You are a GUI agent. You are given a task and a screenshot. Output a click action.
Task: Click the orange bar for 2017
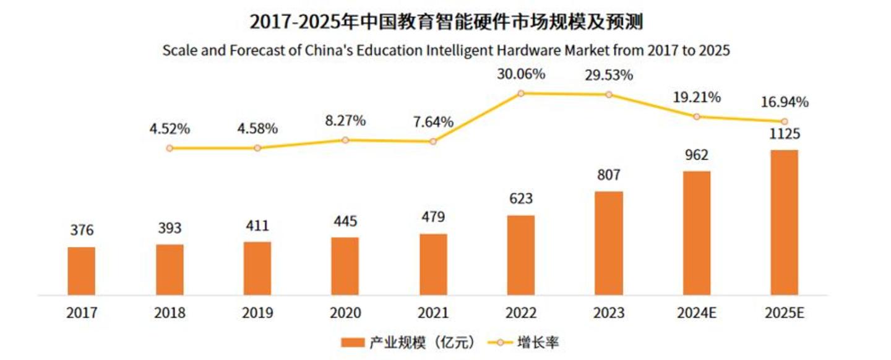click(82, 270)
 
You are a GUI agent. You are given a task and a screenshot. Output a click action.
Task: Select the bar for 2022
click(521, 255)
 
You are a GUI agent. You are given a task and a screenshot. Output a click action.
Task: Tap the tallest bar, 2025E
click(784, 222)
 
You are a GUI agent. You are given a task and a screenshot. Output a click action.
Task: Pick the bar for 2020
click(345, 265)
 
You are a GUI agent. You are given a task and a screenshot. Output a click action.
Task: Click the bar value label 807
click(609, 175)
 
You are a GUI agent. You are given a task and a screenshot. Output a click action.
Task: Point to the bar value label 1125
click(784, 134)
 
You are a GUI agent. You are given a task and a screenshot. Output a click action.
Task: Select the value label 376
click(82, 231)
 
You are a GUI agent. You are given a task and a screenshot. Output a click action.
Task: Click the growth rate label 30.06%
click(521, 75)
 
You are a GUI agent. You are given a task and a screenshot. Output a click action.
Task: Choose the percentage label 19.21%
click(697, 97)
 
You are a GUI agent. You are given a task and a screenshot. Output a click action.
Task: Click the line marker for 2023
click(609, 95)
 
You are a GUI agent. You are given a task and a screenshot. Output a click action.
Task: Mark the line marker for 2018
click(170, 148)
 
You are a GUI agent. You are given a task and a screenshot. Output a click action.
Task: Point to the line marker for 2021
click(433, 142)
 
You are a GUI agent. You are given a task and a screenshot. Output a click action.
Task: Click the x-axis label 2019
click(257, 312)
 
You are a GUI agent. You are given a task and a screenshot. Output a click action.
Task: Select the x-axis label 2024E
click(697, 312)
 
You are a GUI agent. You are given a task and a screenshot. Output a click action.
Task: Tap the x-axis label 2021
click(433, 312)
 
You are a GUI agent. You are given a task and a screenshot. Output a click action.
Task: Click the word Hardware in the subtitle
click(507, 50)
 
